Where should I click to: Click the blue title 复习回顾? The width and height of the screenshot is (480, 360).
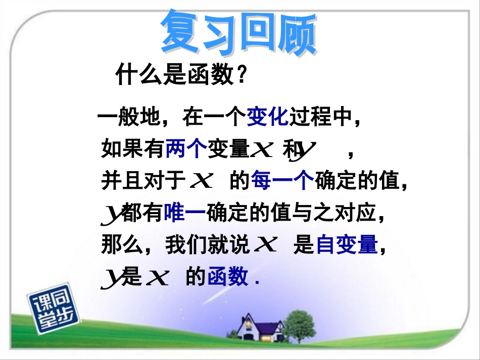pos(238,33)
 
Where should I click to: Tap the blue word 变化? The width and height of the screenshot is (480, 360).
pos(267,118)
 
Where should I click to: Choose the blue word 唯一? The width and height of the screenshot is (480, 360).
pos(184,214)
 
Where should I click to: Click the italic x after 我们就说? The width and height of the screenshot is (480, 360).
pos(265,246)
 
